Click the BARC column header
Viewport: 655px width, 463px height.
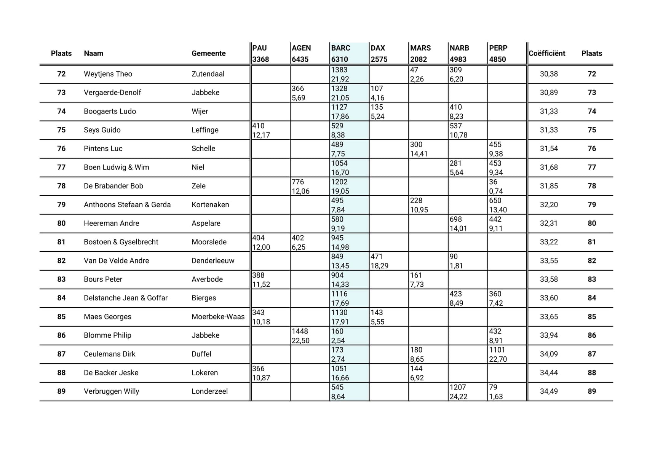(x=341, y=48)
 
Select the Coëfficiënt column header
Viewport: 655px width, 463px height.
(x=547, y=53)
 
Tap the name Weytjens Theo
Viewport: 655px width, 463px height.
(x=108, y=74)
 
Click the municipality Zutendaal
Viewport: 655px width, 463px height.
(x=208, y=74)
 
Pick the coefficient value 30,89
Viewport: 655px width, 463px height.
(x=549, y=93)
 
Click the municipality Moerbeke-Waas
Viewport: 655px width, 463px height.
(x=218, y=316)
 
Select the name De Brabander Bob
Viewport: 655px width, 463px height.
(x=113, y=186)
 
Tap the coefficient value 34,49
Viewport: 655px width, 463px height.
(x=549, y=391)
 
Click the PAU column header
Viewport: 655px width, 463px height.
(x=260, y=48)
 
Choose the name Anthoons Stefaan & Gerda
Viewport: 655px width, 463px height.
(x=127, y=204)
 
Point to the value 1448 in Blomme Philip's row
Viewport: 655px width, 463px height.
(x=300, y=331)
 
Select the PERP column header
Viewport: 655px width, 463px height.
(x=498, y=48)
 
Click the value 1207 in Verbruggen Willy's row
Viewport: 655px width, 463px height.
(x=458, y=387)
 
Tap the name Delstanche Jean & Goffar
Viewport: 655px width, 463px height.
(x=126, y=298)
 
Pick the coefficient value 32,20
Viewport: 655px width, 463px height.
(x=549, y=204)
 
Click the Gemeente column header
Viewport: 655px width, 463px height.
(x=208, y=53)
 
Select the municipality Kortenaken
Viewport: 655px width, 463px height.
(x=210, y=204)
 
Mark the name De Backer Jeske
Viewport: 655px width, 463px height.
(x=111, y=372)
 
